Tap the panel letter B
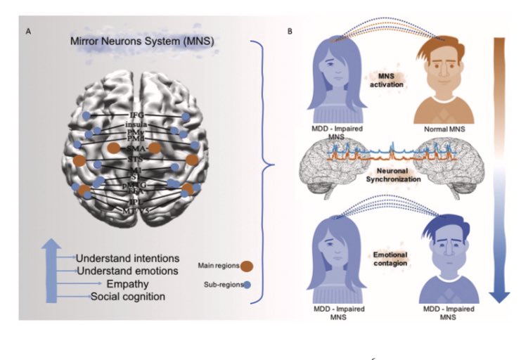click(290, 32)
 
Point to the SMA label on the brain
click(135, 149)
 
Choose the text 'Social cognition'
click(127, 297)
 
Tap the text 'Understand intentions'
click(127, 257)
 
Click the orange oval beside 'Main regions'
click(246, 266)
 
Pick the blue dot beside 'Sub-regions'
click(247, 285)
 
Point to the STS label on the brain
click(135, 160)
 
